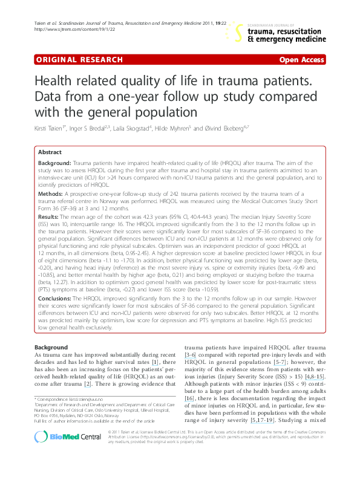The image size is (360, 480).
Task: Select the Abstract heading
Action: [x=67, y=152]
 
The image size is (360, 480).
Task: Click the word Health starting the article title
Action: [x=56, y=83]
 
